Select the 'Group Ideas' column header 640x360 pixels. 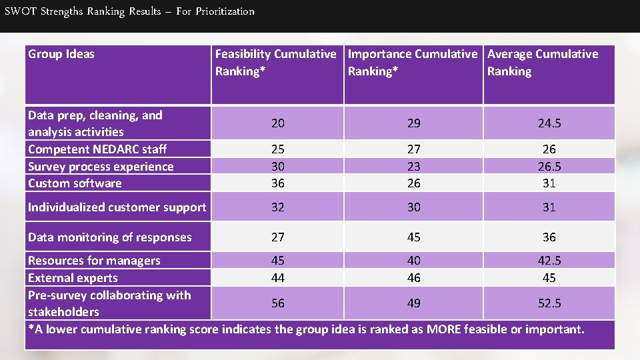coord(61,54)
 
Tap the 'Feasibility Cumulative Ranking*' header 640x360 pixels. coord(275,63)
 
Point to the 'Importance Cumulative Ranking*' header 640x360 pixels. coord(413,63)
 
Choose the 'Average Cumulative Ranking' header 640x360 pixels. coord(543,63)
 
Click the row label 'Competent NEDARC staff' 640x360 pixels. coord(97,149)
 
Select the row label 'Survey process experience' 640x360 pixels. coord(101,167)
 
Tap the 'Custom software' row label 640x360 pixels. coord(75,183)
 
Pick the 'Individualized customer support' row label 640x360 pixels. coord(117,207)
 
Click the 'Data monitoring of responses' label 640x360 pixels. coord(110,237)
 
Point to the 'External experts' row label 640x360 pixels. coord(73,278)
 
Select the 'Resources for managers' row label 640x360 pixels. coord(94,261)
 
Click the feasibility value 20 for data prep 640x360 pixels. coord(277,123)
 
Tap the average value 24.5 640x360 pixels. coord(549,123)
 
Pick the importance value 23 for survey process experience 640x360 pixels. coord(414,167)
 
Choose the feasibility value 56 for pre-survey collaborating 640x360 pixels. coord(277,303)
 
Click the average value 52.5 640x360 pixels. coord(549,303)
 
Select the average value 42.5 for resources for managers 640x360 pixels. coord(549,261)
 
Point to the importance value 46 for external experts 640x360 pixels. coord(414,278)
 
